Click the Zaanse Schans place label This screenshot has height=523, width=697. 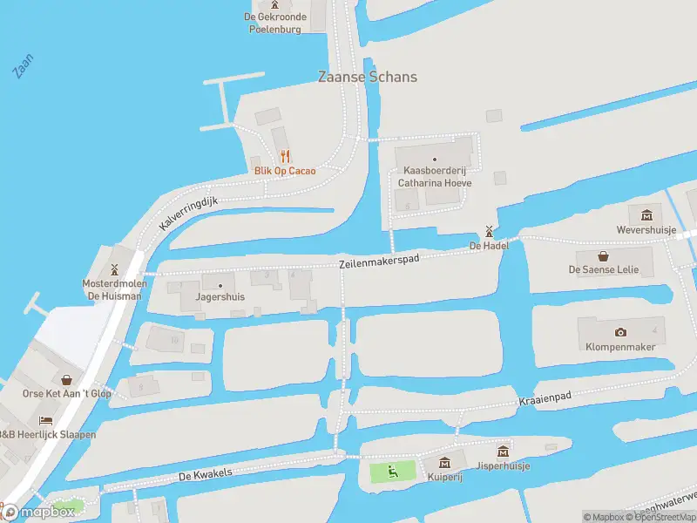pos(367,77)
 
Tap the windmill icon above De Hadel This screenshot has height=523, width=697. pos(489,231)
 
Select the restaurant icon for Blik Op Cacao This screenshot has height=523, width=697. pos(285,157)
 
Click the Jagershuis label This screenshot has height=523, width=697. pos(220,296)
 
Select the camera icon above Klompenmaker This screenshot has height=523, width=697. pos(620,332)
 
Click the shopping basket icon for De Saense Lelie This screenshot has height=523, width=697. pos(604,255)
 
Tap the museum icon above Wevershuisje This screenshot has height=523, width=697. pos(646,215)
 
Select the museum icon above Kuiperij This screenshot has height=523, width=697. pos(444,463)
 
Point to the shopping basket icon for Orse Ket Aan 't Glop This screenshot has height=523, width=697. pos(67,379)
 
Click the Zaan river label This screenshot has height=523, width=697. pos(24,66)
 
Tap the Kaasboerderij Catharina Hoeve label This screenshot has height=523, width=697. pos(435,177)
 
